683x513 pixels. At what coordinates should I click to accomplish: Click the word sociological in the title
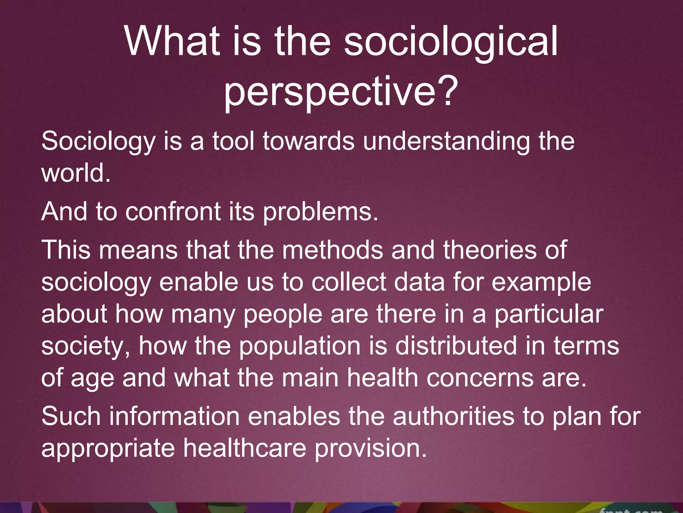(451, 43)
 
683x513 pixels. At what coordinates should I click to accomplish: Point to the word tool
(233, 141)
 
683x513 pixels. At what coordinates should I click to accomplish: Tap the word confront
(173, 212)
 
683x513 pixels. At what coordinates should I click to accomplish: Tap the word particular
(549, 315)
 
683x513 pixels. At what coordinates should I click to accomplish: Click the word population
(300, 347)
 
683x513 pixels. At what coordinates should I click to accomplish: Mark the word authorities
(453, 417)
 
